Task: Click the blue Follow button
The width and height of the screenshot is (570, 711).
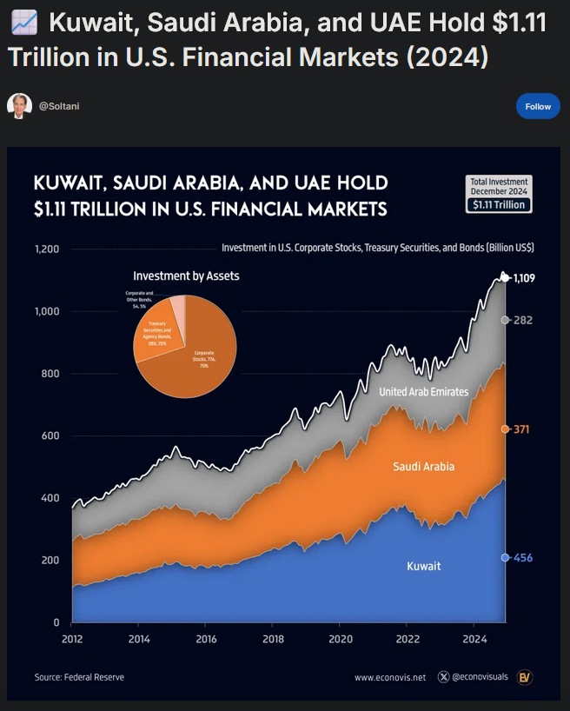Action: point(538,106)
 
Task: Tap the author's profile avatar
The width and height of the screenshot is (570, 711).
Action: point(19,106)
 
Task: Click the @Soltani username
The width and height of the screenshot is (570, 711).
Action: point(59,106)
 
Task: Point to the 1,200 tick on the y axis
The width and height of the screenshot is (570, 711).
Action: point(46,249)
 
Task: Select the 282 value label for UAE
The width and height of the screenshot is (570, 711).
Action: point(522,320)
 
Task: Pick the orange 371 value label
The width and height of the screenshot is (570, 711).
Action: point(521,429)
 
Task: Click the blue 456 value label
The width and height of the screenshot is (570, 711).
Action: point(522,557)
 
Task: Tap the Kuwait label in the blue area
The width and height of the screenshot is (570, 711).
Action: point(424,566)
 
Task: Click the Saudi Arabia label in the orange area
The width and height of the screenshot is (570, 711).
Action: point(424,467)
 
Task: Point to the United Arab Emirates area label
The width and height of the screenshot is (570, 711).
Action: point(424,392)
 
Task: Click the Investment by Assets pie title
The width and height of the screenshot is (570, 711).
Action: point(187,276)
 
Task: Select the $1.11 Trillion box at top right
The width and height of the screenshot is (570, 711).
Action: point(497,204)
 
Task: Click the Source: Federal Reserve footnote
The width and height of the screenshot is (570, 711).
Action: point(79,676)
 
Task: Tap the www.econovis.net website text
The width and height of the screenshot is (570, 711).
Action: point(390,676)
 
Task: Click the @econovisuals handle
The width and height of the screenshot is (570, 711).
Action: point(474,676)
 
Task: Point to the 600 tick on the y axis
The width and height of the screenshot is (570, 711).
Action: point(49,435)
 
